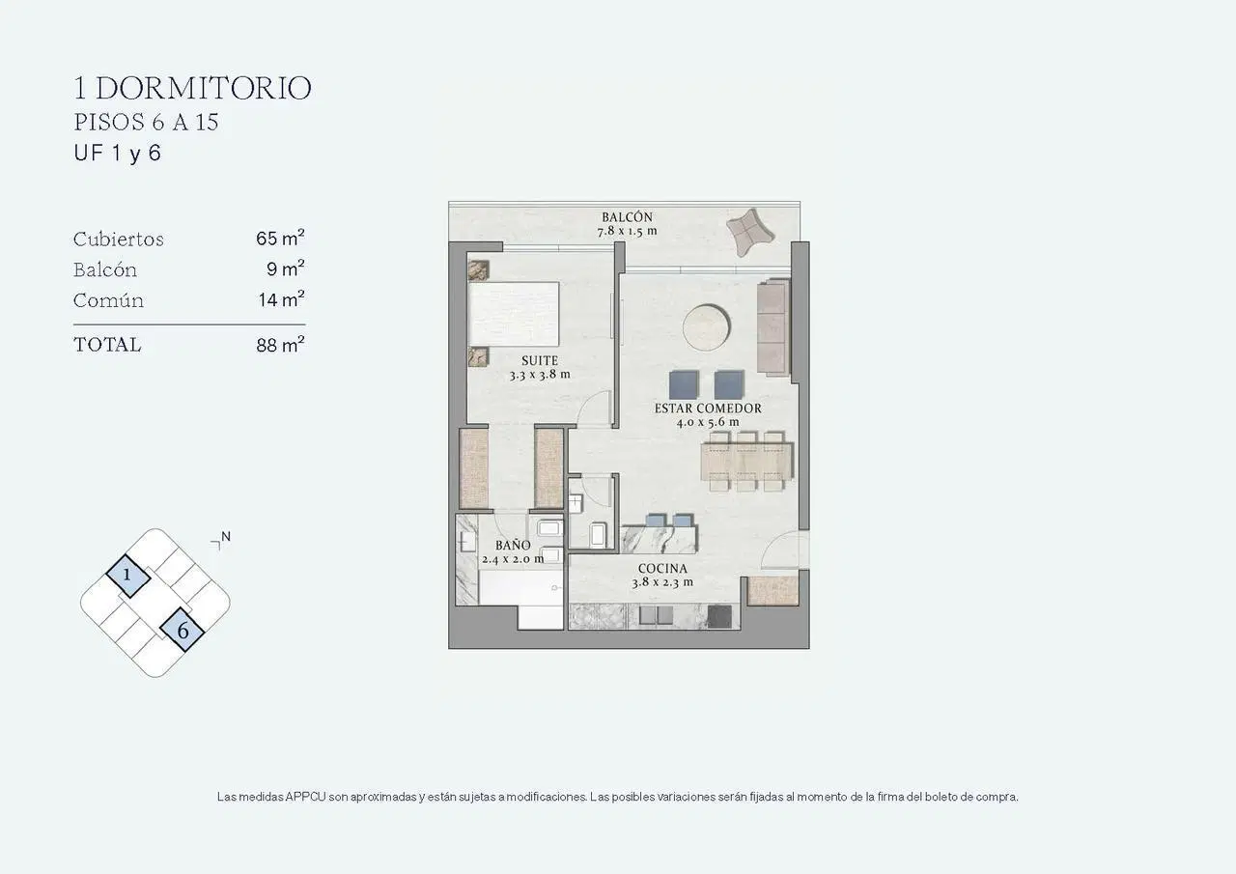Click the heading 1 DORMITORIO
(x=192, y=88)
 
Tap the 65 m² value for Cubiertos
(x=280, y=238)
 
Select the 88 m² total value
(x=280, y=345)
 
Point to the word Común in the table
(x=109, y=300)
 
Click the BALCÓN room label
(x=627, y=217)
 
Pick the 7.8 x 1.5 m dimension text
(x=627, y=231)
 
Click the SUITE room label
(x=540, y=361)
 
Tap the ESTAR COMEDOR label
(x=708, y=409)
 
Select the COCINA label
(x=662, y=568)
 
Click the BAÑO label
(x=513, y=545)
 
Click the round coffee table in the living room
(x=706, y=327)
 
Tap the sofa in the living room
(x=773, y=327)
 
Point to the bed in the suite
(x=513, y=315)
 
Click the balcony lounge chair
(x=750, y=232)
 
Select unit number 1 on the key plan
(x=127, y=576)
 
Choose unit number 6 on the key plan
(x=183, y=630)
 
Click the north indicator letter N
(x=226, y=536)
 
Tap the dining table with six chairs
(x=746, y=462)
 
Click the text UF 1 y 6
(x=118, y=153)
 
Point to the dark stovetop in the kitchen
(x=719, y=617)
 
